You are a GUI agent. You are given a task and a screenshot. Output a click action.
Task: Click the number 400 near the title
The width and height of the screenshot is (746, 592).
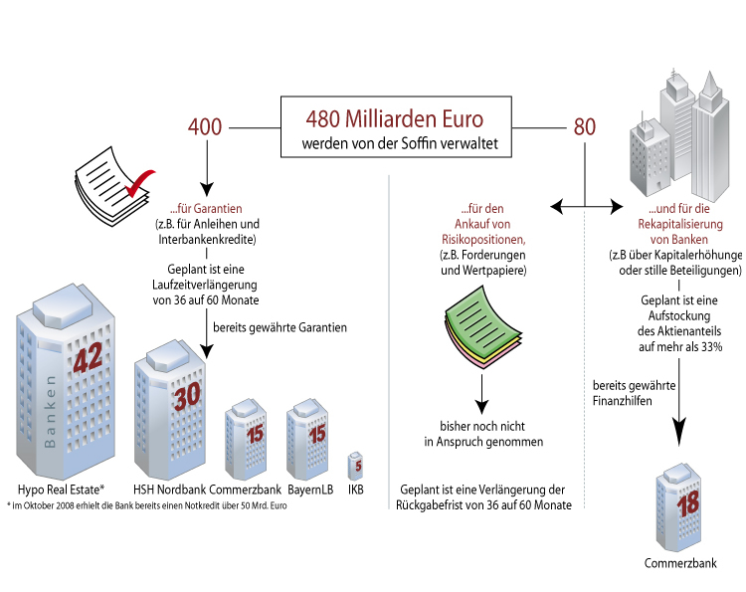click(x=205, y=128)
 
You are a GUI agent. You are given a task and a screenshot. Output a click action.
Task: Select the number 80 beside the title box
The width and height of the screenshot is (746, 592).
click(x=585, y=128)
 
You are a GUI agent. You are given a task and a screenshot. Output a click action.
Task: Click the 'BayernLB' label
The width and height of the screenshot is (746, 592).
click(x=309, y=490)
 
